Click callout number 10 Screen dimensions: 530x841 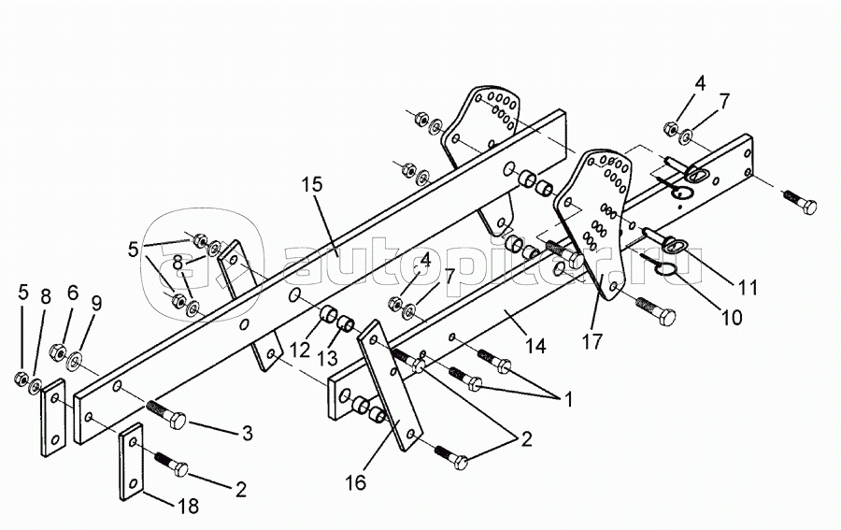[732, 317]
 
